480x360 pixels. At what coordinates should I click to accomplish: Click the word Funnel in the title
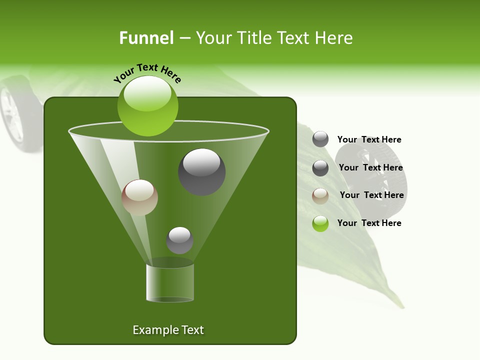(x=146, y=38)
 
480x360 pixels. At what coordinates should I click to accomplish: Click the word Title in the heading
(x=253, y=38)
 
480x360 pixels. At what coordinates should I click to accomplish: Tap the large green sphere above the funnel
(x=147, y=106)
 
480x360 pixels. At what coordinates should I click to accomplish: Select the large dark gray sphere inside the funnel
(x=202, y=172)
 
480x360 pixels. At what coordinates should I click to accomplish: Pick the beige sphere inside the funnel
(x=139, y=197)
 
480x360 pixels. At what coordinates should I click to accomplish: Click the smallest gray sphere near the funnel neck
(x=179, y=240)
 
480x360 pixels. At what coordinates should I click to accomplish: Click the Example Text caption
(x=168, y=330)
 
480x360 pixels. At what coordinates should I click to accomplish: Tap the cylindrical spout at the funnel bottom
(x=170, y=283)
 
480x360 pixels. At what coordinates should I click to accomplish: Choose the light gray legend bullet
(x=320, y=139)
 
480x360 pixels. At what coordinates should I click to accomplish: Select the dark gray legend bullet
(x=320, y=168)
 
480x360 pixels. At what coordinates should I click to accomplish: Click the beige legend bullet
(x=320, y=196)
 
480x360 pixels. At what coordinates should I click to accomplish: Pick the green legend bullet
(x=320, y=223)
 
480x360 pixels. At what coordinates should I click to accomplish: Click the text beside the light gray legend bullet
(x=369, y=139)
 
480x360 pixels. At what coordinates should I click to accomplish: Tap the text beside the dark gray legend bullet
(x=370, y=167)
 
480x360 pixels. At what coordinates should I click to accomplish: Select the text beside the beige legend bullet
(x=371, y=195)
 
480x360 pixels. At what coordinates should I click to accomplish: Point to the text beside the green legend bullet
(x=369, y=223)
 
